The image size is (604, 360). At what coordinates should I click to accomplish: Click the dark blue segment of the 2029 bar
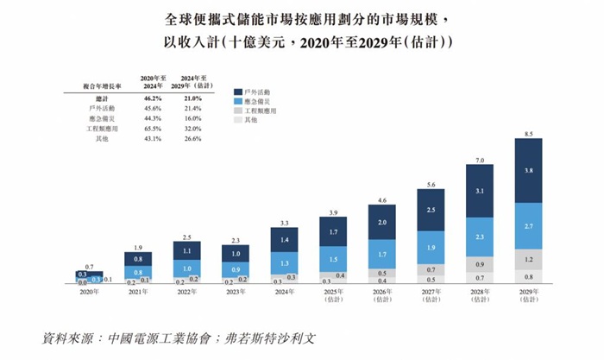coord(527,171)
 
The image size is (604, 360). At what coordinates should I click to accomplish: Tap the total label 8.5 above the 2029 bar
coord(527,133)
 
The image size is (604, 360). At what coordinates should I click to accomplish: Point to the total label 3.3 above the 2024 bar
coord(284,222)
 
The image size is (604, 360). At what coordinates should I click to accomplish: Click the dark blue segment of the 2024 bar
coord(284,238)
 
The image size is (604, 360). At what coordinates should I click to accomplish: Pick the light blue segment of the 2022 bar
coord(186,268)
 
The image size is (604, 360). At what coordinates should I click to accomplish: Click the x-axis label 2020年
coord(89,293)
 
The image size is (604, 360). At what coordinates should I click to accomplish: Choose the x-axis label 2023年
coord(236,293)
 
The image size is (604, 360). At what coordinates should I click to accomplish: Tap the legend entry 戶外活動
coord(258,90)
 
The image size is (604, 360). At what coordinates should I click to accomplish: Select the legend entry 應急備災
coord(258,100)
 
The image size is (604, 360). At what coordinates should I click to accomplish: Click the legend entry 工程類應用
coord(261,111)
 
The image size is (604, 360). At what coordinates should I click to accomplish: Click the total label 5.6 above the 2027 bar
coord(430,182)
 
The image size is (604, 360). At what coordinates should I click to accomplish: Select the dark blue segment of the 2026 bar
coord(381,222)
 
